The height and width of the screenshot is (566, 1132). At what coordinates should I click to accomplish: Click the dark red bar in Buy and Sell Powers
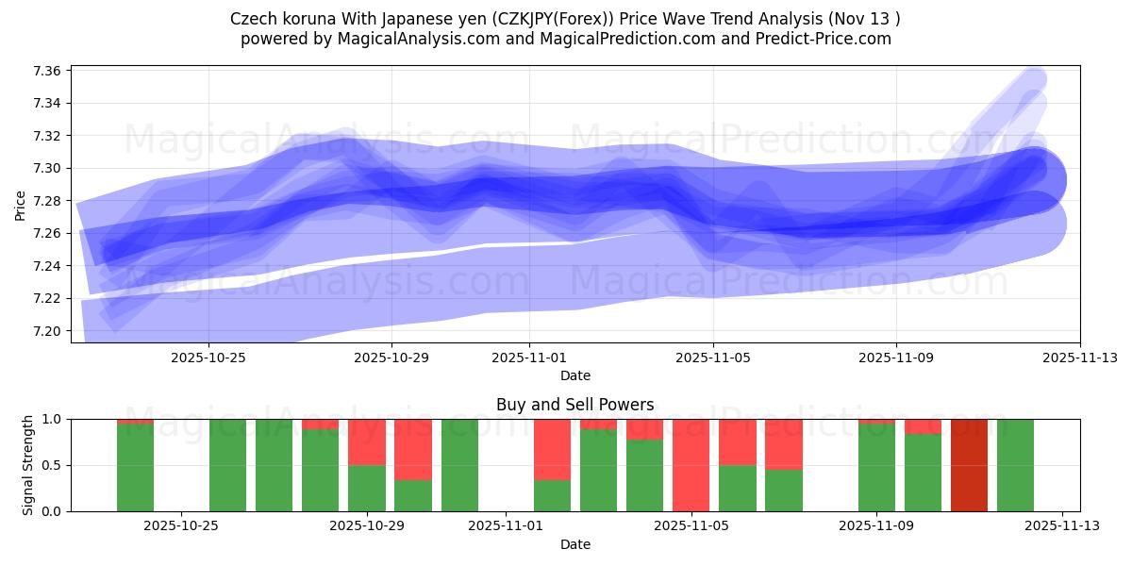(x=969, y=465)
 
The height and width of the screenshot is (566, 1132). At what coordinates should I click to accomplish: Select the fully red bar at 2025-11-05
(x=691, y=465)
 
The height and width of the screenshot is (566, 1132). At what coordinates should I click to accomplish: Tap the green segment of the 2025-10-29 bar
(x=367, y=488)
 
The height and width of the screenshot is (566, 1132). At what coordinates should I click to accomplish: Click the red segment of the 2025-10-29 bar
(x=367, y=441)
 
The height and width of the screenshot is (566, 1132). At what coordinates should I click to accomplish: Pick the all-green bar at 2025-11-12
(x=1015, y=465)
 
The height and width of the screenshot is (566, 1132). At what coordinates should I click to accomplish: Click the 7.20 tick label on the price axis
(x=48, y=331)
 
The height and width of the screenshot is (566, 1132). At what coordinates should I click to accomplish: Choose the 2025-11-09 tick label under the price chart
(x=896, y=358)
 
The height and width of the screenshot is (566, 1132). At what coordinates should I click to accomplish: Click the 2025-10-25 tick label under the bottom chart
(x=182, y=527)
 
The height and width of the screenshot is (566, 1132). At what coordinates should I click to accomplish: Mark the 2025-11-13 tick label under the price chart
(x=1080, y=358)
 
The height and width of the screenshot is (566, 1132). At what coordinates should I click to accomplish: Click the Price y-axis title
(x=20, y=204)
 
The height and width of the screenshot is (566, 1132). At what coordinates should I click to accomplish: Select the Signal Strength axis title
(x=28, y=465)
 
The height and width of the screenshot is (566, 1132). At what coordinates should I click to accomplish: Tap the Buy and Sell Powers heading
(x=575, y=405)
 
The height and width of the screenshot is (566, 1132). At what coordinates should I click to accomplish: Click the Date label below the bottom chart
(x=575, y=544)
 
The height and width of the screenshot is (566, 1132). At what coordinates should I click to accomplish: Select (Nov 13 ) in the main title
(x=869, y=19)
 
